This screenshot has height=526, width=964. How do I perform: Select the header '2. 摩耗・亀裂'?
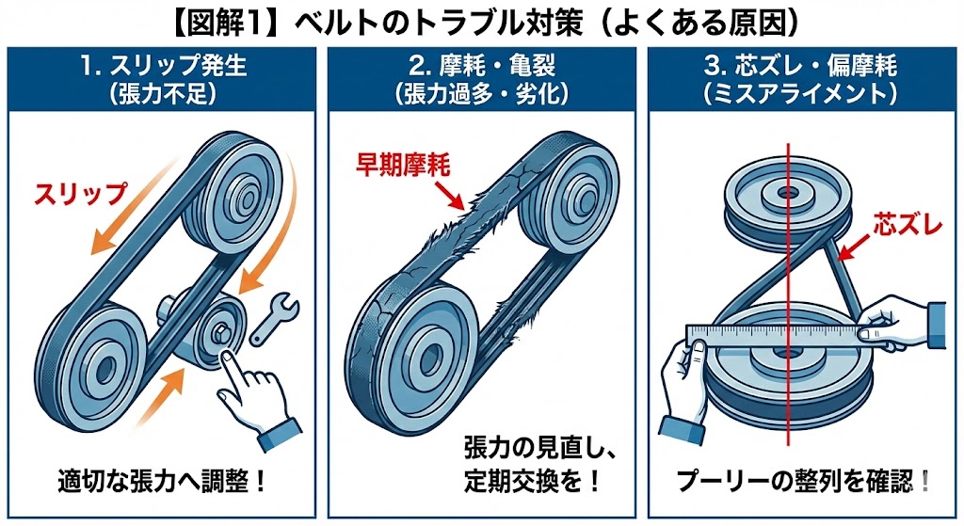pos(481,67)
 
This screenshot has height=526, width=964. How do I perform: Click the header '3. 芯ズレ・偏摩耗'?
pos(803,67)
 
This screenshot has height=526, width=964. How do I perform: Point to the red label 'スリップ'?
pos(79,195)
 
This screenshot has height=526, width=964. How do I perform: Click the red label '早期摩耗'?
pos(402,166)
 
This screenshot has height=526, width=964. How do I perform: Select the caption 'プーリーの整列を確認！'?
pos(803,482)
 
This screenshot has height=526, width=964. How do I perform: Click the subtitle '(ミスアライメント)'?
pos(803,95)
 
